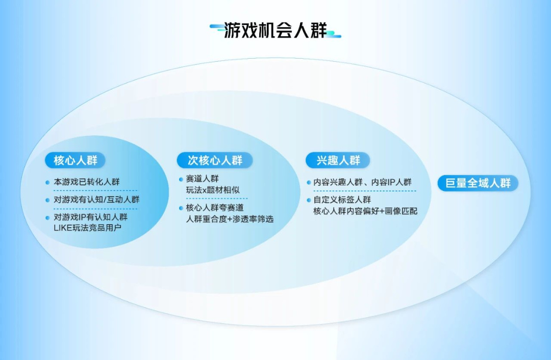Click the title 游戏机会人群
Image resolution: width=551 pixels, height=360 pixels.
click(275, 30)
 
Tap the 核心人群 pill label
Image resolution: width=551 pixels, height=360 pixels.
click(75, 160)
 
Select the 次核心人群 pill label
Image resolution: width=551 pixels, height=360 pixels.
click(215, 160)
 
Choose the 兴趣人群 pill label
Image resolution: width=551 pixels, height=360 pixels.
click(338, 160)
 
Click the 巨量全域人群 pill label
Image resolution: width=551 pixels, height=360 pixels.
click(478, 183)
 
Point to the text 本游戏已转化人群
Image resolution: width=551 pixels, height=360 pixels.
click(86, 182)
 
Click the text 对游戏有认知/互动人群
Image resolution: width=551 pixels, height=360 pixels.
click(96, 200)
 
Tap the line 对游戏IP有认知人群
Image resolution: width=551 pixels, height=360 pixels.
click(90, 217)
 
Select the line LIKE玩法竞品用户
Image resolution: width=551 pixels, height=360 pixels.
click(87, 228)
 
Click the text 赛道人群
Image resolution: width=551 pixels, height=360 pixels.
click(202, 179)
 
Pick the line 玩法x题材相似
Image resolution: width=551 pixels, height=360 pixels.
click(213, 190)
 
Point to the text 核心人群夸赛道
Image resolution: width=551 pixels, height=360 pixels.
click(214, 207)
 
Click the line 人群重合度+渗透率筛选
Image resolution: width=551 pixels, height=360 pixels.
click(230, 219)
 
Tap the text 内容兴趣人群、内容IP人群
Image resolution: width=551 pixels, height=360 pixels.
click(362, 182)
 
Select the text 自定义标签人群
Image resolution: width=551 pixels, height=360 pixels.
click(342, 200)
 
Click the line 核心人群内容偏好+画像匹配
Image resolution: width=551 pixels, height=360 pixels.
click(365, 211)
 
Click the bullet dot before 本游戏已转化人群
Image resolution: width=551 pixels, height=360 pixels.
click(47, 182)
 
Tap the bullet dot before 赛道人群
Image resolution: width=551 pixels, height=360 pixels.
click(181, 179)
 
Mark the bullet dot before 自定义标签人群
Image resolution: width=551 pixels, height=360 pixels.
click(309, 200)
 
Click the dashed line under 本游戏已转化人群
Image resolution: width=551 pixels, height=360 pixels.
click(95, 190)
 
